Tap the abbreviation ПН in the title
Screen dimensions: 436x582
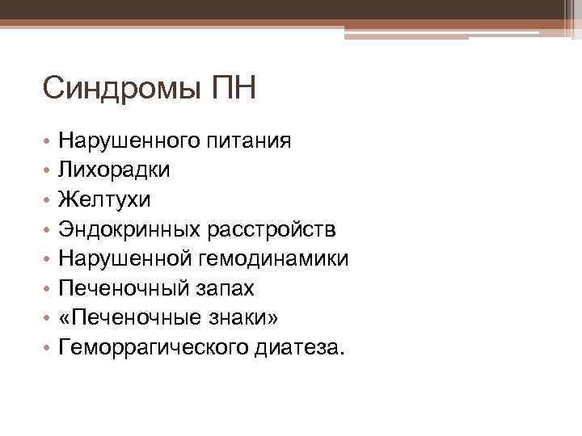tap(232, 88)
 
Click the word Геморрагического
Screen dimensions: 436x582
tap(158, 349)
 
